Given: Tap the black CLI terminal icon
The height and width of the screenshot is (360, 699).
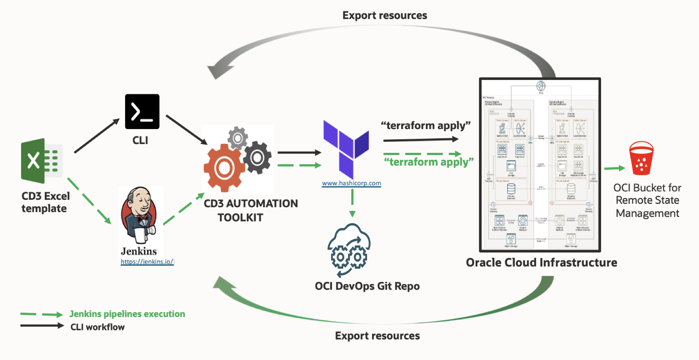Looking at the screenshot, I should click(x=142, y=111).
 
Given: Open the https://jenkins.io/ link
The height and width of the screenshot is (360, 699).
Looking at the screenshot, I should click(x=147, y=262).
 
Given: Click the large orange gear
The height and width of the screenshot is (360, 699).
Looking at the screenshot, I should click(x=224, y=168).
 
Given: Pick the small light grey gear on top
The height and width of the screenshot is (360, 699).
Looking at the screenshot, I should click(x=238, y=138).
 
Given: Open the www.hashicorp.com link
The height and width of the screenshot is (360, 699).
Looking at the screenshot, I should click(x=351, y=183).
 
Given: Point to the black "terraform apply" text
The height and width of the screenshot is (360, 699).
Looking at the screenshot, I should click(x=425, y=126).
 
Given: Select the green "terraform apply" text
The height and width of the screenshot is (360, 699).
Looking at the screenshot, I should click(x=428, y=162).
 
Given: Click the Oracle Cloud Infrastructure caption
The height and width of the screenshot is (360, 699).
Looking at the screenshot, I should click(x=541, y=262).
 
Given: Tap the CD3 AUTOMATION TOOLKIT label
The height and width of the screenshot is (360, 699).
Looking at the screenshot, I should click(x=250, y=210).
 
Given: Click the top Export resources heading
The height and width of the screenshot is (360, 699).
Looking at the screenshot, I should click(x=385, y=15).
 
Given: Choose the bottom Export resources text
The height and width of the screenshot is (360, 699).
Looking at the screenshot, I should click(x=377, y=336).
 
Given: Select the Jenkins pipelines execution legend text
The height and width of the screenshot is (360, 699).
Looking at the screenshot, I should click(x=127, y=314).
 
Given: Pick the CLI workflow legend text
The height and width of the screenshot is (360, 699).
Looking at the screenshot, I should click(x=98, y=327).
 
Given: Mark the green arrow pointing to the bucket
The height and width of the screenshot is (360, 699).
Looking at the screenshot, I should click(x=614, y=168).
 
